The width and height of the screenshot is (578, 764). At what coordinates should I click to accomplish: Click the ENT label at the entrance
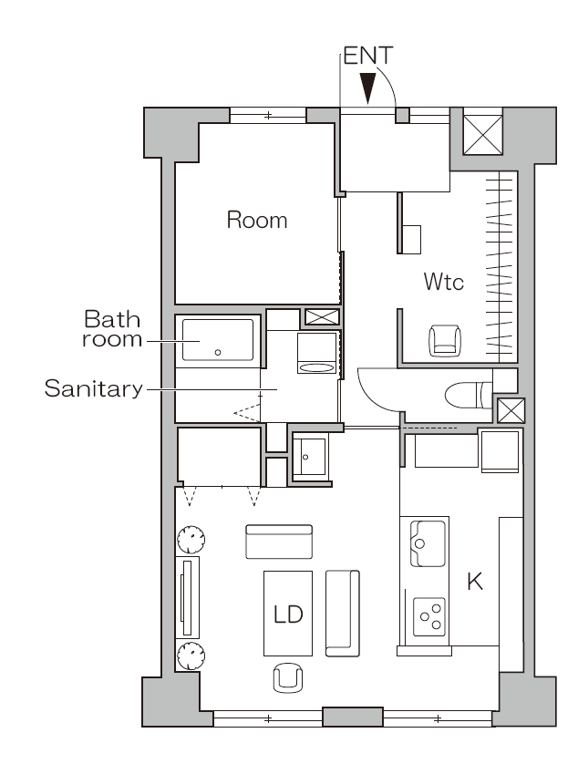tap(368, 56)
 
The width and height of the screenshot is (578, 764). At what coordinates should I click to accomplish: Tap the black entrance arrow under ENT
tap(368, 88)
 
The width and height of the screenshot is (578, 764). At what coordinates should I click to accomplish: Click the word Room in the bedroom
tap(257, 220)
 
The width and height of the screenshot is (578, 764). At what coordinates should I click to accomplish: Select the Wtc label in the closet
tap(443, 282)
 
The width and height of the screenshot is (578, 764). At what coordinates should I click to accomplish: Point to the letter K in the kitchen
tap(475, 582)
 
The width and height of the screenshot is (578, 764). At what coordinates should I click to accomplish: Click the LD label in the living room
tap(288, 614)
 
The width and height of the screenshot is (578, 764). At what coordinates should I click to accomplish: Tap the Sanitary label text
tap(94, 388)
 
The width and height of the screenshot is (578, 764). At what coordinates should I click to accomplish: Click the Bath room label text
tap(112, 329)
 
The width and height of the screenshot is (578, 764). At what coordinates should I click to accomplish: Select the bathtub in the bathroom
tap(218, 340)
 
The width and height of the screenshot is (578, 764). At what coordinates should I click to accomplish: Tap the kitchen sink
tap(428, 543)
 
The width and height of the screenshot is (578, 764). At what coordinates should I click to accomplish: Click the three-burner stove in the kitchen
tap(429, 617)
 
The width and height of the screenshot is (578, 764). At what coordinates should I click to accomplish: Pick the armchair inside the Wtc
tap(445, 340)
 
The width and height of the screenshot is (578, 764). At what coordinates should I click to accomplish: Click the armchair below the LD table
tap(288, 676)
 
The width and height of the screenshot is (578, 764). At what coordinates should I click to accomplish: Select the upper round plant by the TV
tap(191, 540)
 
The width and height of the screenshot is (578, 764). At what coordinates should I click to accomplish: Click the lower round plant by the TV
tap(191, 656)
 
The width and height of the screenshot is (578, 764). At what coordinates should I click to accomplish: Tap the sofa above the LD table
tap(279, 542)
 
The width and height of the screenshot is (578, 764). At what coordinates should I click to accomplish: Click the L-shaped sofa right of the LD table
tap(343, 614)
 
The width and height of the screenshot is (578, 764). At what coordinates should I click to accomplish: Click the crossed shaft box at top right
tap(482, 135)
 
